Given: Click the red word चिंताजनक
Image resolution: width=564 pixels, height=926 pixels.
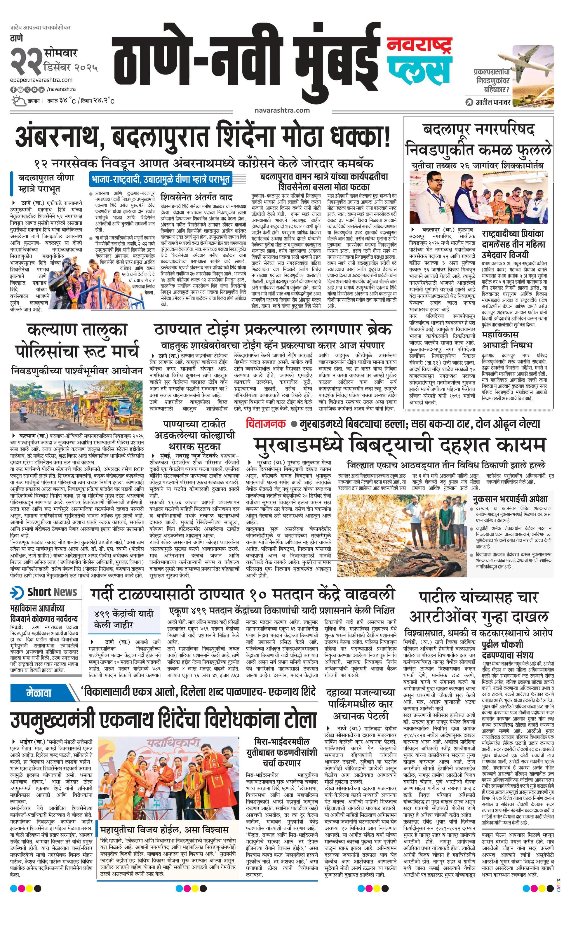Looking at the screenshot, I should [266, 424].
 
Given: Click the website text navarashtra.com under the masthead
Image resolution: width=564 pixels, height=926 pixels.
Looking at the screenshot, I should [282, 110].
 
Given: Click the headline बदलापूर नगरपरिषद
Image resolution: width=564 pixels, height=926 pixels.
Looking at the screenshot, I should [478, 130].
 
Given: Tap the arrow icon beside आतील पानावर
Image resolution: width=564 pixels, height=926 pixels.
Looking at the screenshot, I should [469, 102].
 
